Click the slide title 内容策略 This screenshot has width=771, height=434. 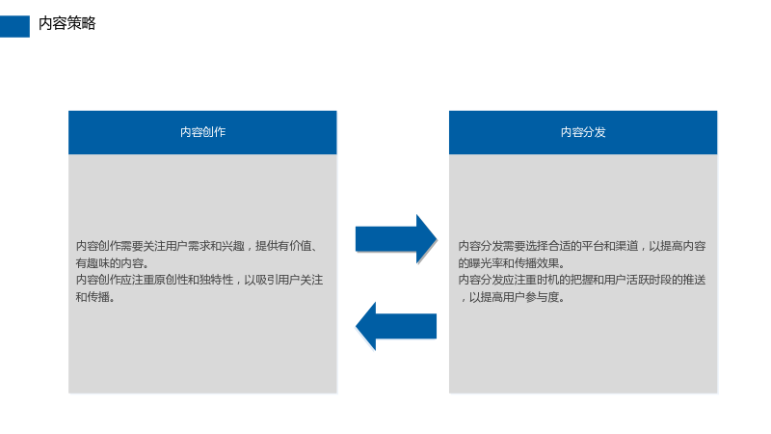(x=66, y=23)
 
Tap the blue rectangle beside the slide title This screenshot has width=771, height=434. (x=14, y=26)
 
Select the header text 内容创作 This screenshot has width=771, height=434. (x=202, y=132)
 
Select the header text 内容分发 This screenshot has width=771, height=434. (x=583, y=132)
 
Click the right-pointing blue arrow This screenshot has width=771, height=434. (x=396, y=239)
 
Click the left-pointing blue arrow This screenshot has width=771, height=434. (x=396, y=326)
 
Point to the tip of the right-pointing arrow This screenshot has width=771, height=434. (x=437, y=239)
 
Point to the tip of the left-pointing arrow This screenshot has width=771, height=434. (x=356, y=326)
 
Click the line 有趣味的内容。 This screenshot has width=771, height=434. (x=112, y=262)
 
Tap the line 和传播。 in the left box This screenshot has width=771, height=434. (x=95, y=297)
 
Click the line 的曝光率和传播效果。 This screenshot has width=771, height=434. (x=512, y=262)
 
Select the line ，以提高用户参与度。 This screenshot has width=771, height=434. (x=512, y=297)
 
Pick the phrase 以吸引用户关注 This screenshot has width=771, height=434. (x=283, y=280)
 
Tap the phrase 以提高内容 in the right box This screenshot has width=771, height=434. (x=678, y=246)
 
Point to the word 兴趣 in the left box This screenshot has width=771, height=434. (x=232, y=246)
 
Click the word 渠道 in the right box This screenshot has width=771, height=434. (x=627, y=246)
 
